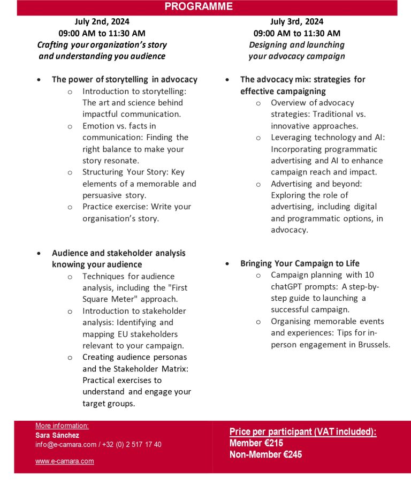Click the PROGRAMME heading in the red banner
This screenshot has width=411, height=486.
click(199, 7)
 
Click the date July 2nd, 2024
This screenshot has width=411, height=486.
click(102, 22)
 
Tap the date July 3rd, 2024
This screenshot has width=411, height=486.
click(296, 22)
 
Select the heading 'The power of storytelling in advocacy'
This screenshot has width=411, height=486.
click(124, 79)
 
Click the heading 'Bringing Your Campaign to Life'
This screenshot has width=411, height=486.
click(300, 263)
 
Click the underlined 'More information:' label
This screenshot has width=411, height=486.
click(62, 426)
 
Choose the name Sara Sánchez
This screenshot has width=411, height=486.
click(57, 435)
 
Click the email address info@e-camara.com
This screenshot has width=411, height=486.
click(66, 444)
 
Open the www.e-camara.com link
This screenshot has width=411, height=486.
click(65, 461)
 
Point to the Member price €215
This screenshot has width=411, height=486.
click(256, 443)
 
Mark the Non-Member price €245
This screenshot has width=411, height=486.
click(265, 454)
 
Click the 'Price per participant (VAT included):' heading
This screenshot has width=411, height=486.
click(303, 432)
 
